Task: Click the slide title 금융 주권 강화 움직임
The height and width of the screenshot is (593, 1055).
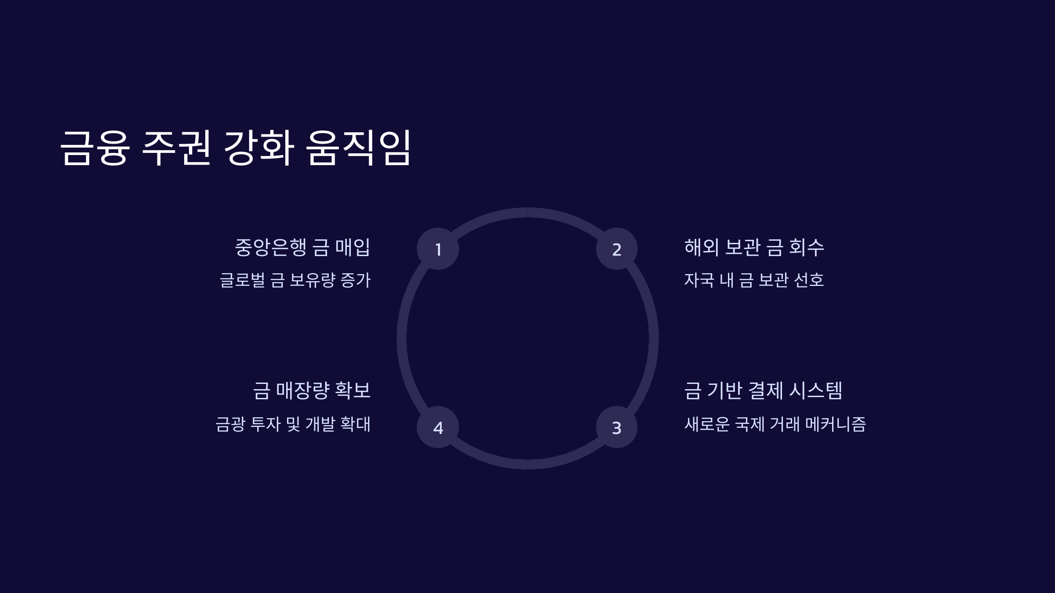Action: [x=235, y=148]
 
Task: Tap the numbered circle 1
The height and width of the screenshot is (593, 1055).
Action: [x=438, y=249]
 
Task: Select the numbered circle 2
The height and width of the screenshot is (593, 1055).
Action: [x=617, y=249]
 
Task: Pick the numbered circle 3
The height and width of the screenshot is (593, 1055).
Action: [x=617, y=427]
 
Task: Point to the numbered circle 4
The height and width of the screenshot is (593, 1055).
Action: [x=438, y=427]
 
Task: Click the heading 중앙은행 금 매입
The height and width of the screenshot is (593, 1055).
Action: [x=302, y=247]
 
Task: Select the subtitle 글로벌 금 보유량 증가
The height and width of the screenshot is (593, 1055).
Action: [x=295, y=280]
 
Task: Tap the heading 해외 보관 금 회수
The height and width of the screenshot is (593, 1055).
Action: [x=754, y=247]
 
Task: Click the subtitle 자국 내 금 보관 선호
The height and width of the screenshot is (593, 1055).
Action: [x=754, y=280]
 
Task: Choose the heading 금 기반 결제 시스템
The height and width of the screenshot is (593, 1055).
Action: [x=763, y=391]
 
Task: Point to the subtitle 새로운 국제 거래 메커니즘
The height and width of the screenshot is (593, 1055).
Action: [x=775, y=424]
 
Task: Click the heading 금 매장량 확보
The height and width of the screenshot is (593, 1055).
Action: [x=312, y=391]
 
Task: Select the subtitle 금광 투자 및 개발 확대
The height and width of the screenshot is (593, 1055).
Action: [x=293, y=424]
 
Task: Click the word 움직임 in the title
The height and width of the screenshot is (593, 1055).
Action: [x=358, y=148]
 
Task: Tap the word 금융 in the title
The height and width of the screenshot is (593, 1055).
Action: [x=95, y=148]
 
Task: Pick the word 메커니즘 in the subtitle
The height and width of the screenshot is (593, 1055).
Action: [x=835, y=424]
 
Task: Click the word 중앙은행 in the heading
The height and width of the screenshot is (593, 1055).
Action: [x=270, y=247]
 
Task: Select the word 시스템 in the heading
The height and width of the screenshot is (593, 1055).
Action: [x=815, y=391]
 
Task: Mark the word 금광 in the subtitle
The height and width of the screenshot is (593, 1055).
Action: [x=230, y=424]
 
